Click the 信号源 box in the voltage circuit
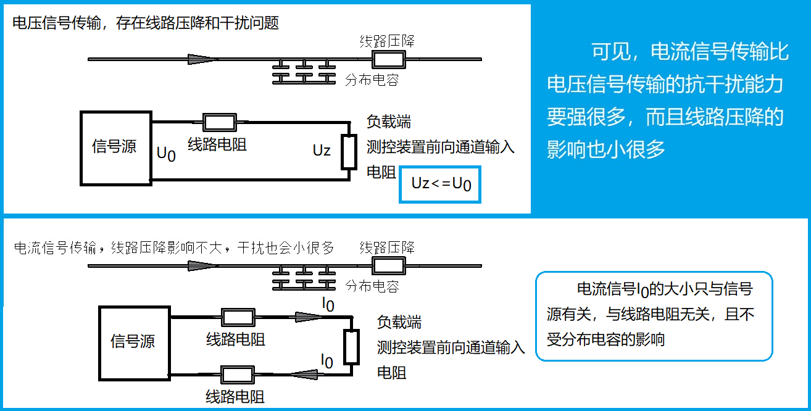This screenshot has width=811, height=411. [x=115, y=148]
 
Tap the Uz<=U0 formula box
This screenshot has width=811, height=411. [x=440, y=183]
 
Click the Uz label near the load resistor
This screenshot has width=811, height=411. [x=322, y=150]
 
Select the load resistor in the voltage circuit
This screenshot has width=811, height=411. [x=349, y=152]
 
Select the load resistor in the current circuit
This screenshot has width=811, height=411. [x=352, y=347]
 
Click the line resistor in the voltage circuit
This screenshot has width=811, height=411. [x=220, y=122]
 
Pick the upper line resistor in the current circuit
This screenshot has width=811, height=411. [x=238, y=317]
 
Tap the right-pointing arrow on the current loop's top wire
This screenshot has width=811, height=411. [x=309, y=317]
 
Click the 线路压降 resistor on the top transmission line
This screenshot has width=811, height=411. [x=388, y=59]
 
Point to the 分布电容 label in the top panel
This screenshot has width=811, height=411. [x=372, y=80]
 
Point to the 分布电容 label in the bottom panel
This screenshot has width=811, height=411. [x=372, y=286]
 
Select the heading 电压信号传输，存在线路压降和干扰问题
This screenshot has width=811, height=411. [x=146, y=23]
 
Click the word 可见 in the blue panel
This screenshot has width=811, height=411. [x=611, y=52]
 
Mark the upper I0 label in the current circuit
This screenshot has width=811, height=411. [x=328, y=303]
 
